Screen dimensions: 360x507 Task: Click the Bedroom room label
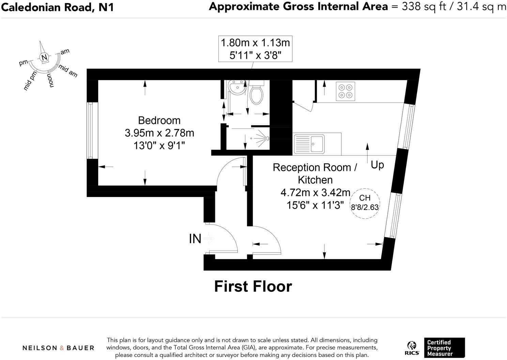pos(159,120)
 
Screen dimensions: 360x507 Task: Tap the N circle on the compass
pos(44,58)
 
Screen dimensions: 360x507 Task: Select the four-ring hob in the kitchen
pos(345,91)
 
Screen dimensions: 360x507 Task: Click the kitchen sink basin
pos(317,143)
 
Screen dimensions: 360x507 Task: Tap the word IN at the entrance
pos(195,239)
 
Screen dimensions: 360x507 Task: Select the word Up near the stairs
pos(377,165)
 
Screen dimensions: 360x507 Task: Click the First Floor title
pos(253,286)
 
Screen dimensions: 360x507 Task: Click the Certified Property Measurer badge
pos(444,348)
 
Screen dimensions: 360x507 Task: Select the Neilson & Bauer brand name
pos(58,348)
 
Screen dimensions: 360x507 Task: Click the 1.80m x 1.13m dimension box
pos(255,49)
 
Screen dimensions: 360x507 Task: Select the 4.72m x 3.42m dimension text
pos(315,193)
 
